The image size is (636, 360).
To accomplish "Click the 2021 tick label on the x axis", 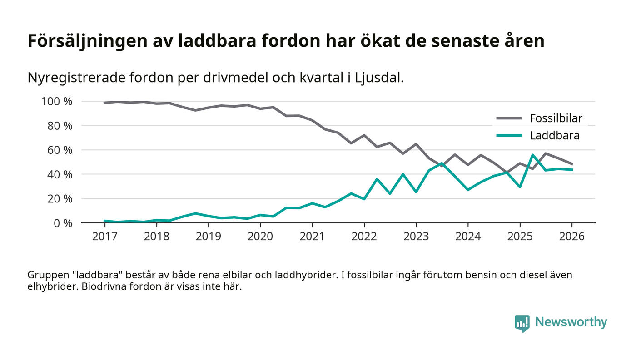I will tap(312, 237).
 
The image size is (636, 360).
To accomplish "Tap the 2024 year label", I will tap(468, 237).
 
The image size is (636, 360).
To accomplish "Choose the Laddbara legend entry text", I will tap(555, 135).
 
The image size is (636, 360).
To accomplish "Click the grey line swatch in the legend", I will tap(509, 119).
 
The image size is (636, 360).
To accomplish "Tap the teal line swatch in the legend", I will tap(509, 135).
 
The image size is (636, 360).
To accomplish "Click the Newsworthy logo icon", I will tap(522, 323).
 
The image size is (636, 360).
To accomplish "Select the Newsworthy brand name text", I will tap(571, 322).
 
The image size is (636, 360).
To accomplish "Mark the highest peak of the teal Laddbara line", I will tap(532, 155).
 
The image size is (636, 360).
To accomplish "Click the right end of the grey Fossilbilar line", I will tap(572, 164).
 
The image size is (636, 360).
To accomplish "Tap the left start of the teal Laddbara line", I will tap(104, 221).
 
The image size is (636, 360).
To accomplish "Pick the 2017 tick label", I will tap(104, 237).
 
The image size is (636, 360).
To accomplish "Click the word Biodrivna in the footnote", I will tap(104, 287).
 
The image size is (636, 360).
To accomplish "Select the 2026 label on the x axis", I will tap(572, 237).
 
